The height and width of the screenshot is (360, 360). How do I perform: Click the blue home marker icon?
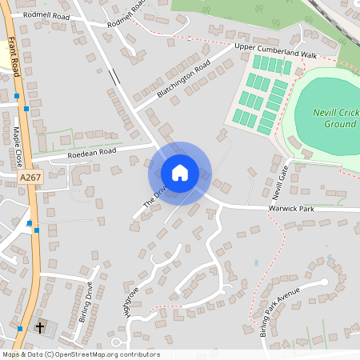coord(180,173)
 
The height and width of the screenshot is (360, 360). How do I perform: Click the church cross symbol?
coord(40,328)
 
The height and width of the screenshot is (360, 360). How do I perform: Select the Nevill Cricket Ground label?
coord(335,119)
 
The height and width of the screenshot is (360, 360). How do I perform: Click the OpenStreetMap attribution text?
coord(81,354)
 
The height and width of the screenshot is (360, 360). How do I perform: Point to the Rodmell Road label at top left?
coord(46,15)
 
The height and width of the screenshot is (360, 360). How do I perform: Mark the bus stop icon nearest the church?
coord(20,328)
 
